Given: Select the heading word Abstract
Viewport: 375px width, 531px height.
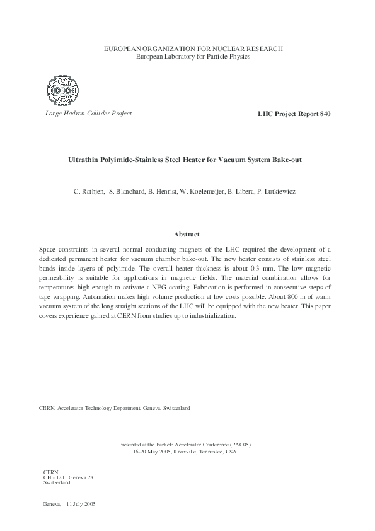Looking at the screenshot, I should tap(187, 234).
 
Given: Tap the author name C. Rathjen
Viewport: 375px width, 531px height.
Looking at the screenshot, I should tap(89, 190).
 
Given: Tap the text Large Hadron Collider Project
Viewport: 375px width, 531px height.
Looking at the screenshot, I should tap(88, 114).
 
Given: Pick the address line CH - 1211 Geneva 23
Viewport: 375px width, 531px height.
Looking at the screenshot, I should tap(68, 477).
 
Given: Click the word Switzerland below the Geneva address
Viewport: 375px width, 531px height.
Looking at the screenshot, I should tap(57, 482).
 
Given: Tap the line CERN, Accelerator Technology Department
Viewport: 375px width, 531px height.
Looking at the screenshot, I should tap(114, 408).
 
